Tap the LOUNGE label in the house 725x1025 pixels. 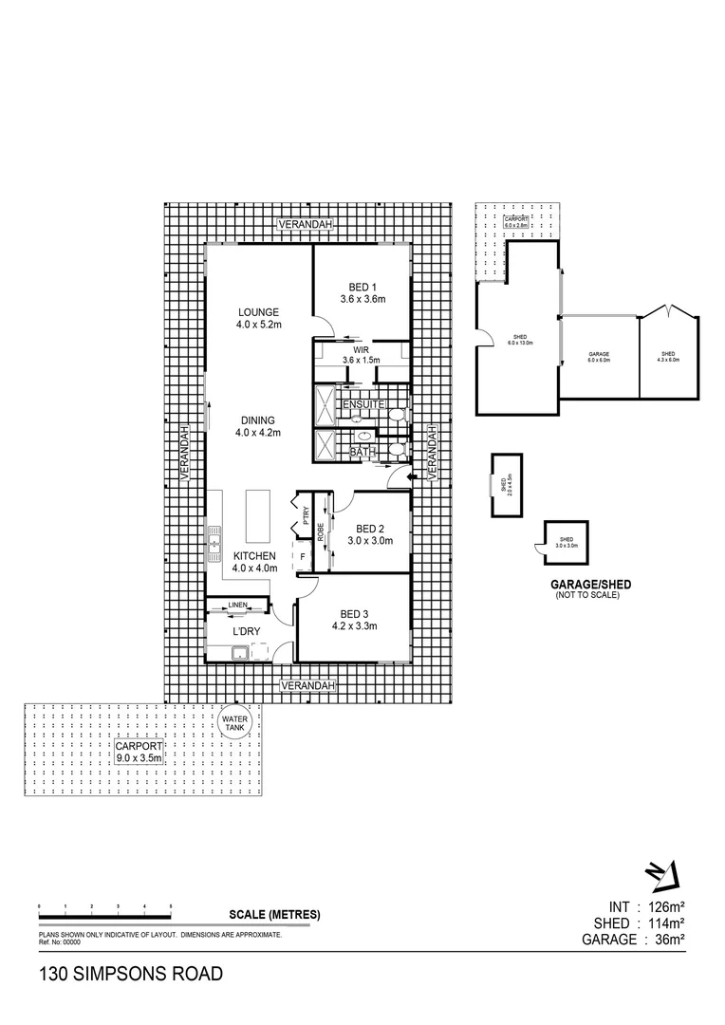point(257,311)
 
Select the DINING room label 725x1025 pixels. point(257,420)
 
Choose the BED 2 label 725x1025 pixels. point(369,529)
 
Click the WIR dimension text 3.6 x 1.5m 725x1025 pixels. point(361,360)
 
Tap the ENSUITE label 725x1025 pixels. point(364,405)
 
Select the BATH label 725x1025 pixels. point(362,453)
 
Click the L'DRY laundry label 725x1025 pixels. point(248,630)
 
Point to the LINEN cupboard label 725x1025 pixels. point(237,605)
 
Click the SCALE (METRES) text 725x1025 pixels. point(274,915)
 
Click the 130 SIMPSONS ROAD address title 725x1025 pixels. point(130,974)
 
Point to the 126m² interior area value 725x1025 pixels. point(664,905)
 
